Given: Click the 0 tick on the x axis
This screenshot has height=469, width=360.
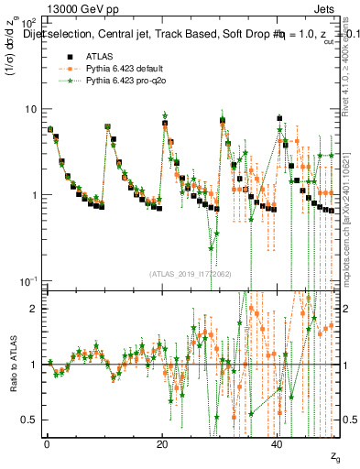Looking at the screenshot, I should pyautogui.click(x=46, y=442).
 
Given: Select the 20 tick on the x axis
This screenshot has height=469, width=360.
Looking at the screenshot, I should pyautogui.click(x=161, y=442).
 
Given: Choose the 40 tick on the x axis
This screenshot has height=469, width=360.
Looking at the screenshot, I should pyautogui.click(x=277, y=442).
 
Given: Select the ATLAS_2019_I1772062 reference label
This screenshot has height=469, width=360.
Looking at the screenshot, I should pyautogui.click(x=191, y=274).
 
